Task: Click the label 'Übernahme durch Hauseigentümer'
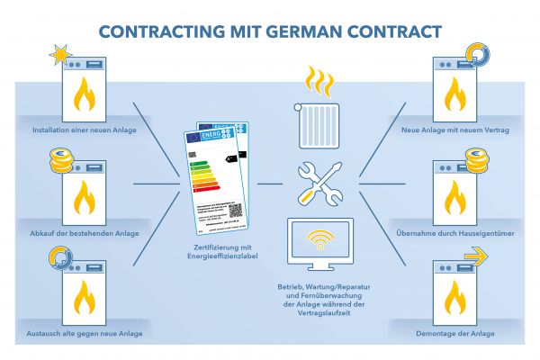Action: point(456,232)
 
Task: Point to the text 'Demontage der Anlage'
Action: point(456,333)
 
